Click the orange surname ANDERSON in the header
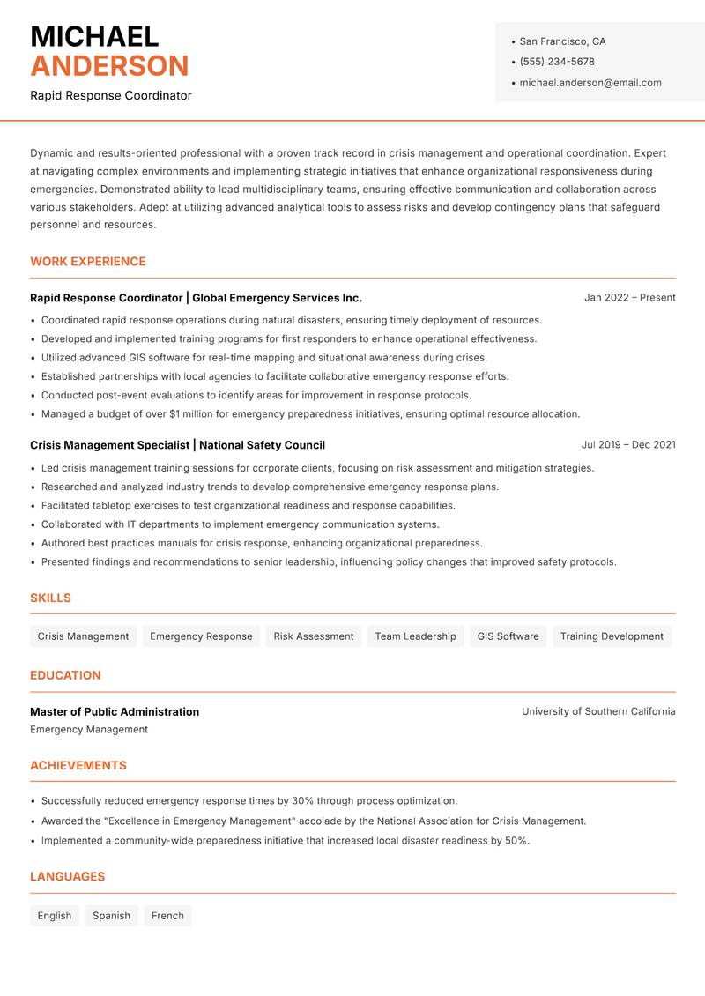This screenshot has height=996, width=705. (x=109, y=66)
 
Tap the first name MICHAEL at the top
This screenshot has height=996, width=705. (x=94, y=36)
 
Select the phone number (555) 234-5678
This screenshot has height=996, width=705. (x=557, y=62)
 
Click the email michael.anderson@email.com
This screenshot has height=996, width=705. (x=590, y=83)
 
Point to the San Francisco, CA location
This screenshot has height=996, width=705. (x=562, y=41)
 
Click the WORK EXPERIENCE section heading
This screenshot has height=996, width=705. (x=88, y=262)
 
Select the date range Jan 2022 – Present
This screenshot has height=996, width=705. (x=629, y=298)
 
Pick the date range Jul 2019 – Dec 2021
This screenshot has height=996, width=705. (x=628, y=445)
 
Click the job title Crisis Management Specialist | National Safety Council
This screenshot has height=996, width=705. (x=177, y=445)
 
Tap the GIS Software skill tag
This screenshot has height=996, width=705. (x=508, y=636)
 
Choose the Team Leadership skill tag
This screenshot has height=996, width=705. (x=415, y=636)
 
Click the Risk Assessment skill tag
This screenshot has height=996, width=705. (x=313, y=636)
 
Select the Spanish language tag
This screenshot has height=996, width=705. (x=111, y=916)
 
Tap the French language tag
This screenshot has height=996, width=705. (x=167, y=916)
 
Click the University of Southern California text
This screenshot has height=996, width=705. (x=598, y=711)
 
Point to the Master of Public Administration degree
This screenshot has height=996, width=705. (x=115, y=711)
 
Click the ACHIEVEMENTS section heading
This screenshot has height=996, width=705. (x=78, y=766)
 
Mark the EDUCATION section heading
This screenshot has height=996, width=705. (x=65, y=675)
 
